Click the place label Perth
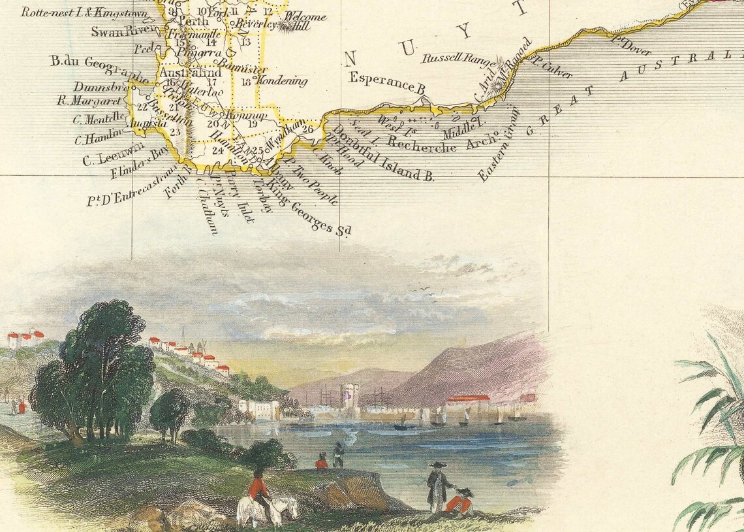194,22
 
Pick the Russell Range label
456,59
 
